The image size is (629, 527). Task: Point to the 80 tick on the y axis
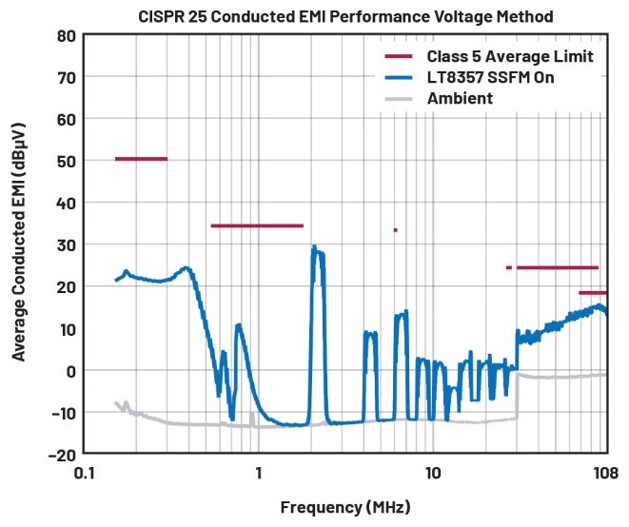[x=65, y=35]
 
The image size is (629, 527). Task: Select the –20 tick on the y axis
[x=59, y=454]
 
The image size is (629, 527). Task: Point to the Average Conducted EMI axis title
[x=19, y=244]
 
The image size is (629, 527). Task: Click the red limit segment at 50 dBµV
[x=141, y=159]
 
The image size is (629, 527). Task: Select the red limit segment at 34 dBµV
[x=257, y=225]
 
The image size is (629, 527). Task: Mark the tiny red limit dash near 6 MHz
[x=395, y=229]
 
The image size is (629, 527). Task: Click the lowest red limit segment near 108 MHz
[x=593, y=292]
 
